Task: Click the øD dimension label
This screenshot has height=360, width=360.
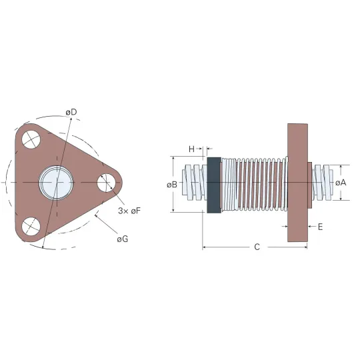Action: click(71, 112)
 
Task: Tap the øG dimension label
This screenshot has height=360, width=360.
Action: click(123, 239)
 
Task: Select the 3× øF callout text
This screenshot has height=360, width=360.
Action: click(129, 211)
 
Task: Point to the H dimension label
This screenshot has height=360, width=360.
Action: click(191, 149)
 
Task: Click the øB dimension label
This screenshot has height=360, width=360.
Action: click(172, 185)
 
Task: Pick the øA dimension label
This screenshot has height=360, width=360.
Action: click(341, 183)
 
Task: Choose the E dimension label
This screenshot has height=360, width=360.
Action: click(321, 227)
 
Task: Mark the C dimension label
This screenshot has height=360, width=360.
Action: click(257, 247)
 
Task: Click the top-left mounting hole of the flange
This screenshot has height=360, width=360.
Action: click(31, 140)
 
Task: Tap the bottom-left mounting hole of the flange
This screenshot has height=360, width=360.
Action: click(31, 226)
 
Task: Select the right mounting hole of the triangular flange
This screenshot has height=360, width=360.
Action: click(106, 183)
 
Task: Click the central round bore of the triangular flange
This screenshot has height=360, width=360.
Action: click(56, 183)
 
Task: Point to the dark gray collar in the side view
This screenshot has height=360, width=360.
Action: click(214, 185)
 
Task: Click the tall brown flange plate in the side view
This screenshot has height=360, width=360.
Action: click(297, 183)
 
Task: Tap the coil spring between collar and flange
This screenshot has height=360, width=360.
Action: click(255, 184)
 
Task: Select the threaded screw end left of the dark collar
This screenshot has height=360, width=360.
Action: click(195, 183)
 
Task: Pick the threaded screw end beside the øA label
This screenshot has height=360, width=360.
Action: click(323, 183)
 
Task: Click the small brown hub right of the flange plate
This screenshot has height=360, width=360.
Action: click(310, 185)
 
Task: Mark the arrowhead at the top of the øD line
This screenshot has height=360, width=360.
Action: click(71, 119)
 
